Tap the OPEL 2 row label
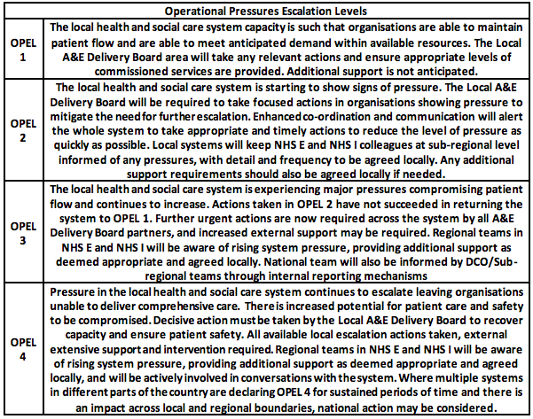point(20,132)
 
